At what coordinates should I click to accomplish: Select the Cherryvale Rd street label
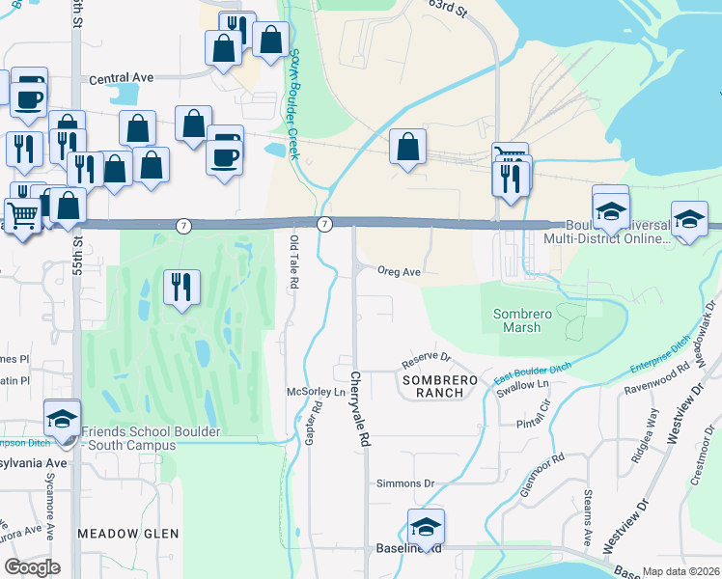coord(359,409)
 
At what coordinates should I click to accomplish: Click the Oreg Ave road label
coord(399,272)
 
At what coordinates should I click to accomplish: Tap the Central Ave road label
coord(122,79)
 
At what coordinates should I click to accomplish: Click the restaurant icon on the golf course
coord(181,287)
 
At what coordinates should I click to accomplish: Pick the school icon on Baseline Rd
coord(426,526)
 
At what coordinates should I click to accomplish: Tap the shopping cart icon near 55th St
coord(22,214)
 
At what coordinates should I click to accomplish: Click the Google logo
coord(33,566)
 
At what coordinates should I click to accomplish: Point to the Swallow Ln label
coord(521,384)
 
